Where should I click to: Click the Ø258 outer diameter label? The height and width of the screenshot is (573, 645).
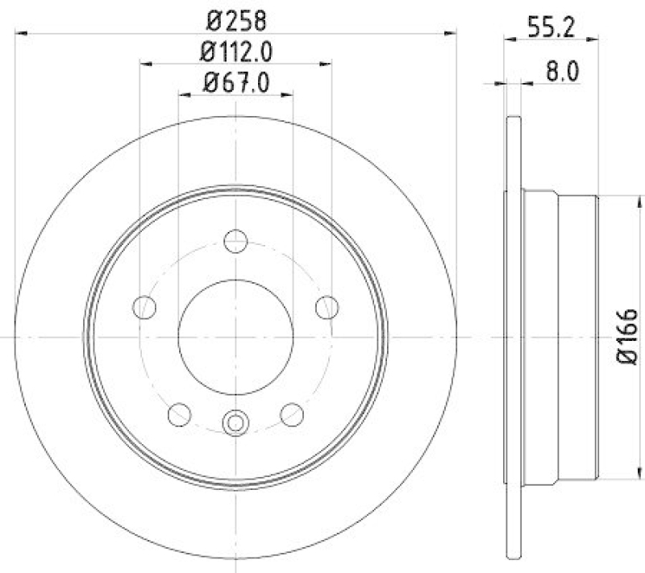pyautogui.click(x=235, y=19)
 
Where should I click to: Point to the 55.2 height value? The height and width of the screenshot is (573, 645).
pyautogui.click(x=550, y=27)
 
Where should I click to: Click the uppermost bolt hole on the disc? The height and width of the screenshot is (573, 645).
pyautogui.click(x=235, y=239)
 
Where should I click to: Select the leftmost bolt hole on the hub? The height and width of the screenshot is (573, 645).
pyautogui.click(x=144, y=306)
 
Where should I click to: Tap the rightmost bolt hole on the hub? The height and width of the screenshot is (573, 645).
pyautogui.click(x=327, y=306)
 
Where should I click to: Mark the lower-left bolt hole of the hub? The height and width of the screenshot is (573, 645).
pyautogui.click(x=179, y=413)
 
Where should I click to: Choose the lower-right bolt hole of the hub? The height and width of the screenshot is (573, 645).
pyautogui.click(x=291, y=413)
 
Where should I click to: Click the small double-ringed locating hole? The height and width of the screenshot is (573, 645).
pyautogui.click(x=235, y=421)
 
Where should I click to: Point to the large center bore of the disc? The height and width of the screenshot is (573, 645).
pyautogui.click(x=235, y=336)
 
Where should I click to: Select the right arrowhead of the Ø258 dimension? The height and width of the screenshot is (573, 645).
pyautogui.click(x=451, y=33)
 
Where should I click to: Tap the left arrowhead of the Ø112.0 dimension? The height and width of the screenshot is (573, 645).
pyautogui.click(x=146, y=64)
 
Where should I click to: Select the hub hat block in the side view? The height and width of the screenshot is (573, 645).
pyautogui.click(x=560, y=337)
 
